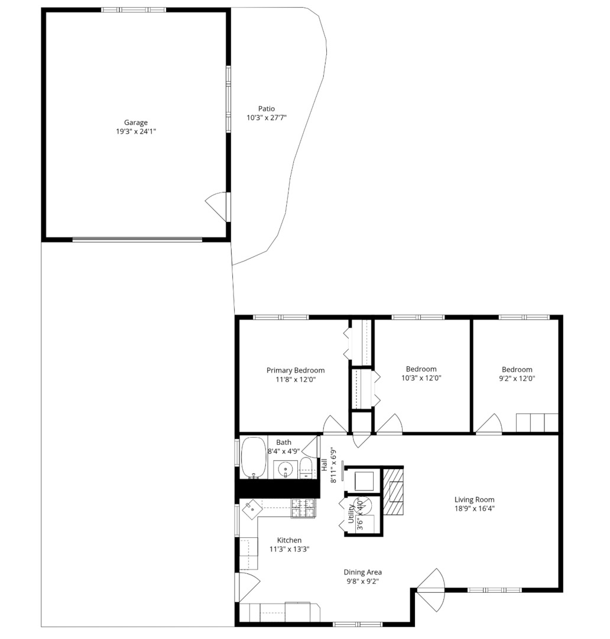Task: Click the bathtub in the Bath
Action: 254,457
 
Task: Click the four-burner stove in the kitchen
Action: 304,508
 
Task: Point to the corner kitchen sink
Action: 252,508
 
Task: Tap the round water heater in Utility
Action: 363,504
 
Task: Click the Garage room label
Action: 136,122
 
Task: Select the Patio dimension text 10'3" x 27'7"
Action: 266,118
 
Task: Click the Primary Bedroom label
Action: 296,370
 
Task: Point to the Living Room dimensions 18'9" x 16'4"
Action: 475,508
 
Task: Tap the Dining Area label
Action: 363,572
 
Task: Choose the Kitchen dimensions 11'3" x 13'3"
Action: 290,549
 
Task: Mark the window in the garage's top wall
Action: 134,10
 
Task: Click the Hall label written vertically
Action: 324,464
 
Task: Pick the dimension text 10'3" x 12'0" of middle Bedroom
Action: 421,377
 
